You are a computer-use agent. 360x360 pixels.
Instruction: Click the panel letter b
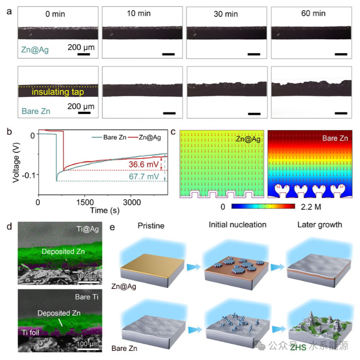click(8, 132)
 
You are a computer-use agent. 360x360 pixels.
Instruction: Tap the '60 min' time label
click(314, 14)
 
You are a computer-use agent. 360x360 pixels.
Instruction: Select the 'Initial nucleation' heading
click(237, 225)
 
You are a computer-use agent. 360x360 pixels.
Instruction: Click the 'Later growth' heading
click(319, 225)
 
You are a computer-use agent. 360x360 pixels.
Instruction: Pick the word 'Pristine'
click(151, 225)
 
